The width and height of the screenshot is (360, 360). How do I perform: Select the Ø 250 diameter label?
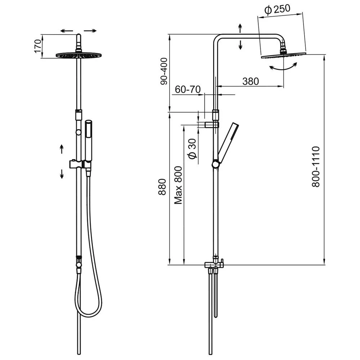[x=277, y=10]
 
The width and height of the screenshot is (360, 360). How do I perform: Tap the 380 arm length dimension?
[x=251, y=81]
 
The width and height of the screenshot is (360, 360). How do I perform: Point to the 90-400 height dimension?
[x=164, y=71]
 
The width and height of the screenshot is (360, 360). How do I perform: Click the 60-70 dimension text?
[x=188, y=89]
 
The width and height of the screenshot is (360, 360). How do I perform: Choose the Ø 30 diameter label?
[x=192, y=149]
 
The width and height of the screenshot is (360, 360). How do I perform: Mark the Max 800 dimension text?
[x=178, y=185]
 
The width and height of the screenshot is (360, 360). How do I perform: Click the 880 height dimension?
[x=162, y=187]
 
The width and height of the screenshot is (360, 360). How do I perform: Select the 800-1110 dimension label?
[x=315, y=166]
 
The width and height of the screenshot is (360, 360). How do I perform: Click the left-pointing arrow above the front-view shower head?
[x=67, y=31]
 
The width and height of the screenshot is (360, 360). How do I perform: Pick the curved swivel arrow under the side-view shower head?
[x=284, y=67]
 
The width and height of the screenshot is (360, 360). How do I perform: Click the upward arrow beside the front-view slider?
[x=62, y=149]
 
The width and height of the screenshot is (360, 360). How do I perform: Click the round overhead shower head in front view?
[x=78, y=55]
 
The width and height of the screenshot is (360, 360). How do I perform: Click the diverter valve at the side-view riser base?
[x=215, y=265]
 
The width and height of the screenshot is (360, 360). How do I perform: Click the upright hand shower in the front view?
[x=88, y=142]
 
